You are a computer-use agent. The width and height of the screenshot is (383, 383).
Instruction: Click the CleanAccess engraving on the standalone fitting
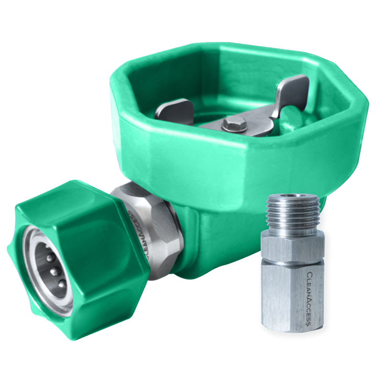[x=308, y=298]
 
